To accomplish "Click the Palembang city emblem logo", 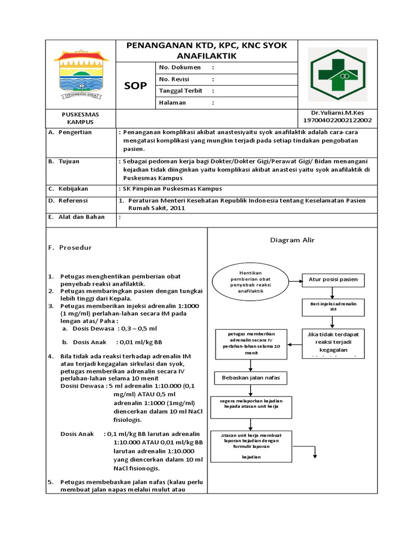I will point(81,74).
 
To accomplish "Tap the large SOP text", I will point(135,86).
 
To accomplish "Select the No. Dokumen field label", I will point(180,67).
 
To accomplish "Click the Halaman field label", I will point(172,102).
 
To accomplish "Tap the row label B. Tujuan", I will point(65,161).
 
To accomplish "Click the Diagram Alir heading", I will point(293,240).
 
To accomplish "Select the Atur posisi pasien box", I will point(333,280).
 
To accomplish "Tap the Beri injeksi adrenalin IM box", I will point(333,307).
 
